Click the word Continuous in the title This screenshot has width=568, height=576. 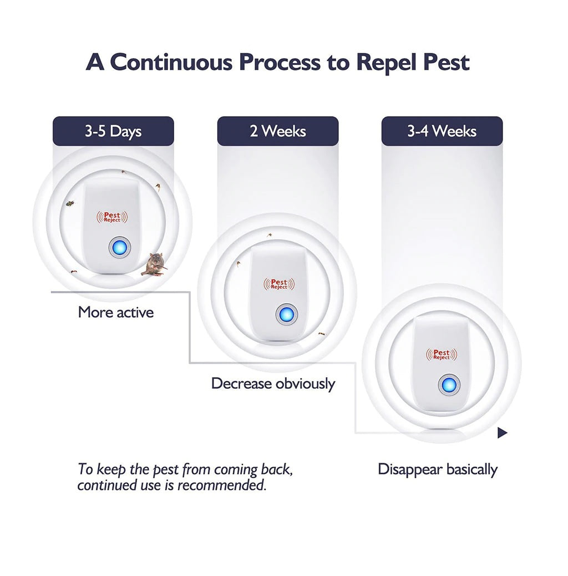(173, 62)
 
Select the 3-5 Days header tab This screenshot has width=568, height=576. (113, 131)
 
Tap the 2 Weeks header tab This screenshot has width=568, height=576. (277, 131)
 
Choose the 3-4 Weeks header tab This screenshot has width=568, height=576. (442, 131)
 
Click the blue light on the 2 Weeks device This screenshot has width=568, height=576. (286, 315)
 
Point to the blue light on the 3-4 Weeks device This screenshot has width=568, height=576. (448, 384)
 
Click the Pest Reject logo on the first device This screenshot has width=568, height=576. (113, 217)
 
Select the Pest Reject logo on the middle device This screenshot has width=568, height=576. (279, 284)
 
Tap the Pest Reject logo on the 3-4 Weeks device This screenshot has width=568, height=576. (442, 354)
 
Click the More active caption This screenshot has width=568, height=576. (115, 312)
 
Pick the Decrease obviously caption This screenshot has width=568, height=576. (273, 383)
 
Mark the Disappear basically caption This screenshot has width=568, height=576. (437, 469)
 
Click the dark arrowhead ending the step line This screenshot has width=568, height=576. (502, 433)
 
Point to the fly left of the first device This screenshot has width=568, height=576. (69, 204)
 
